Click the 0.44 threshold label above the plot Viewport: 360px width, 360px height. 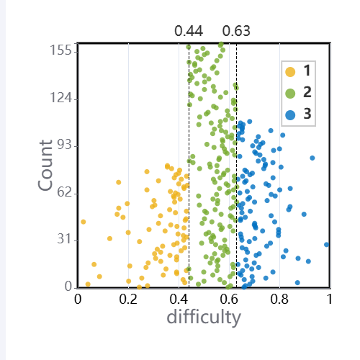(x=189, y=31)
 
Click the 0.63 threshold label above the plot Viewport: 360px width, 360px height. (x=236, y=31)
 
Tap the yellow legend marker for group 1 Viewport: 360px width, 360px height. (x=290, y=72)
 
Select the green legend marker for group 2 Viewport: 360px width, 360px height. (x=290, y=94)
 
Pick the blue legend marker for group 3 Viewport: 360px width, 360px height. (x=290, y=115)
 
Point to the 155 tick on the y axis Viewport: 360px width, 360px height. (x=60, y=50)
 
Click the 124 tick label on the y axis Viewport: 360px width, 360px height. (x=60, y=98)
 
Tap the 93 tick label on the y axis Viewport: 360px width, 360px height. (x=64, y=145)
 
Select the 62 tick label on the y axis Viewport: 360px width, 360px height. (x=64, y=192)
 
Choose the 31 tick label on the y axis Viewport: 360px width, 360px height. (x=64, y=239)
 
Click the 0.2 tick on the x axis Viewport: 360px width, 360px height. (x=128, y=300)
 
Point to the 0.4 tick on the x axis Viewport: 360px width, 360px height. (x=179, y=300)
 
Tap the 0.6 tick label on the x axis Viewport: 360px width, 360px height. (x=229, y=300)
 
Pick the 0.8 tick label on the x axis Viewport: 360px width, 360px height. (x=279, y=300)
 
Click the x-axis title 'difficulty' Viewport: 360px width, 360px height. (x=204, y=318)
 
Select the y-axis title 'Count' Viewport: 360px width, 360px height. (x=45, y=166)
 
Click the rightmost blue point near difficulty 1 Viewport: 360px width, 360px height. (x=326, y=245)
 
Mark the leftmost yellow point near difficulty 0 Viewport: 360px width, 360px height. (x=84, y=222)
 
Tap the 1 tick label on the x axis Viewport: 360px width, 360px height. (x=330, y=300)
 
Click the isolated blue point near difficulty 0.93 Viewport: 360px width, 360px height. (x=312, y=158)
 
